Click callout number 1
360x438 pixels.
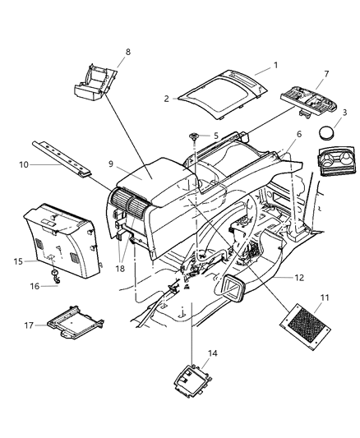pos(276,64)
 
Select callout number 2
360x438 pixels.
pos(166,98)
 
